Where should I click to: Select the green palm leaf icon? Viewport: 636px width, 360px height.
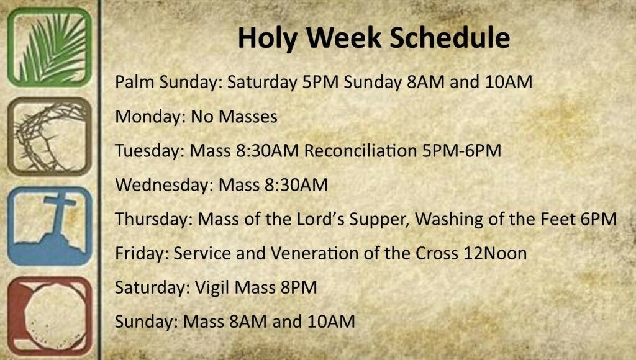coord(49,47)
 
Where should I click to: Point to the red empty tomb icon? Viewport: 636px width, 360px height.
coord(49,315)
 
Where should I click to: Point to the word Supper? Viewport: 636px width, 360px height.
coord(378,219)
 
